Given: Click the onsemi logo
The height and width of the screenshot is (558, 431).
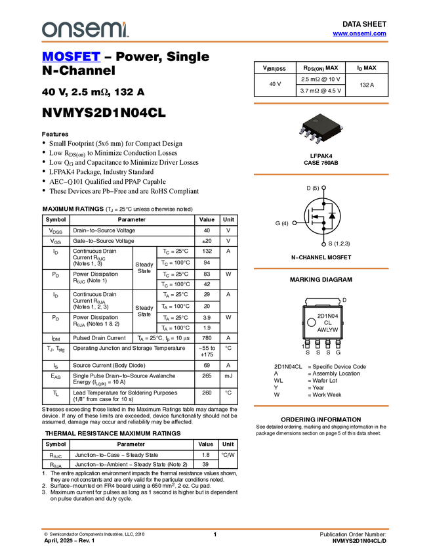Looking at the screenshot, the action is coord(85,30).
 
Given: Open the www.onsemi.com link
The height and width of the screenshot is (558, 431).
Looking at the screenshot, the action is coord(359,33).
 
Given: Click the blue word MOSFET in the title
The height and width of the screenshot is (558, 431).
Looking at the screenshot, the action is coord(71,56).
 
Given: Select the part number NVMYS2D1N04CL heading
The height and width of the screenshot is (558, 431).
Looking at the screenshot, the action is coord(104,113).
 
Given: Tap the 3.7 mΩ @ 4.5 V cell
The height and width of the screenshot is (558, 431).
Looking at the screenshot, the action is coord(320,91).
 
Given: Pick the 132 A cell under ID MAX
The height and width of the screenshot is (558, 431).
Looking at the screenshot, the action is coord(367,85).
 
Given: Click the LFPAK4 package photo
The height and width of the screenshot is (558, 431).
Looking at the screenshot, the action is coord(321,128).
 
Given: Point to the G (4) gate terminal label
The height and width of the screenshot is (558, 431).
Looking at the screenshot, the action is coord(281,223).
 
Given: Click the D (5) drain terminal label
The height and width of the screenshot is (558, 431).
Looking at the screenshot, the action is coord(312,188).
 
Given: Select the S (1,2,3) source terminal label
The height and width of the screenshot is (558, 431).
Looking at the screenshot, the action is coord(339,244).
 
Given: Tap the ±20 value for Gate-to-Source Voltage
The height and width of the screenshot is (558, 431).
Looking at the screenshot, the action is coord(207,241).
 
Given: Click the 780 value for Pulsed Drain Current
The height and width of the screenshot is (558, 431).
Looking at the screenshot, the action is coord(207,338).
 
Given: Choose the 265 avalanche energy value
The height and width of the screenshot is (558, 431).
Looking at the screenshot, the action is coord(207,376).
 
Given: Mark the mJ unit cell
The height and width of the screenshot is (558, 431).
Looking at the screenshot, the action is coord(228,376).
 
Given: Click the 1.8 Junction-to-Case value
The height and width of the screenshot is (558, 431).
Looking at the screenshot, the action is coord(205,455).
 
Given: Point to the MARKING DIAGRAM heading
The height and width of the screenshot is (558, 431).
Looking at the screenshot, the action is coord(321,280).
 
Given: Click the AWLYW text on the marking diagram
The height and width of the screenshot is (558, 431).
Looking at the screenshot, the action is coord(327,330).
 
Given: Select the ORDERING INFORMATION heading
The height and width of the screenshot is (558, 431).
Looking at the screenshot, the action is coord(321,419).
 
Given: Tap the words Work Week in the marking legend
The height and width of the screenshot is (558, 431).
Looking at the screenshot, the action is coord(327,395).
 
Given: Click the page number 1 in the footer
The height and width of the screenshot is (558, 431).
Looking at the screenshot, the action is coord(215,534).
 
